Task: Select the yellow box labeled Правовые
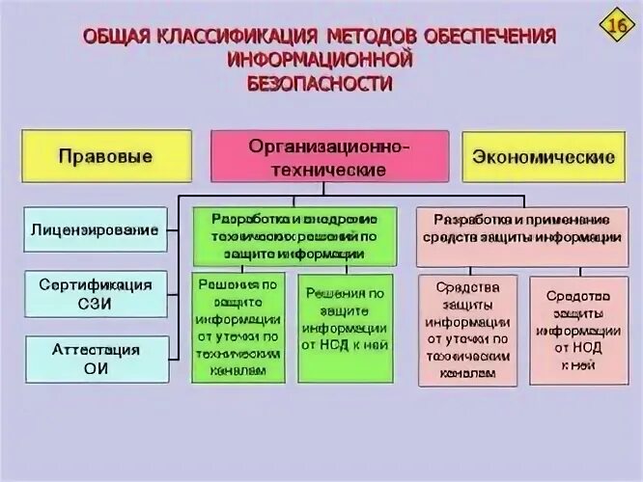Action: tap(104, 157)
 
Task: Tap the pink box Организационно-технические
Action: tap(330, 156)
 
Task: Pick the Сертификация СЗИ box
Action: tap(95, 294)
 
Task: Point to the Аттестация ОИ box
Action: tap(95, 359)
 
